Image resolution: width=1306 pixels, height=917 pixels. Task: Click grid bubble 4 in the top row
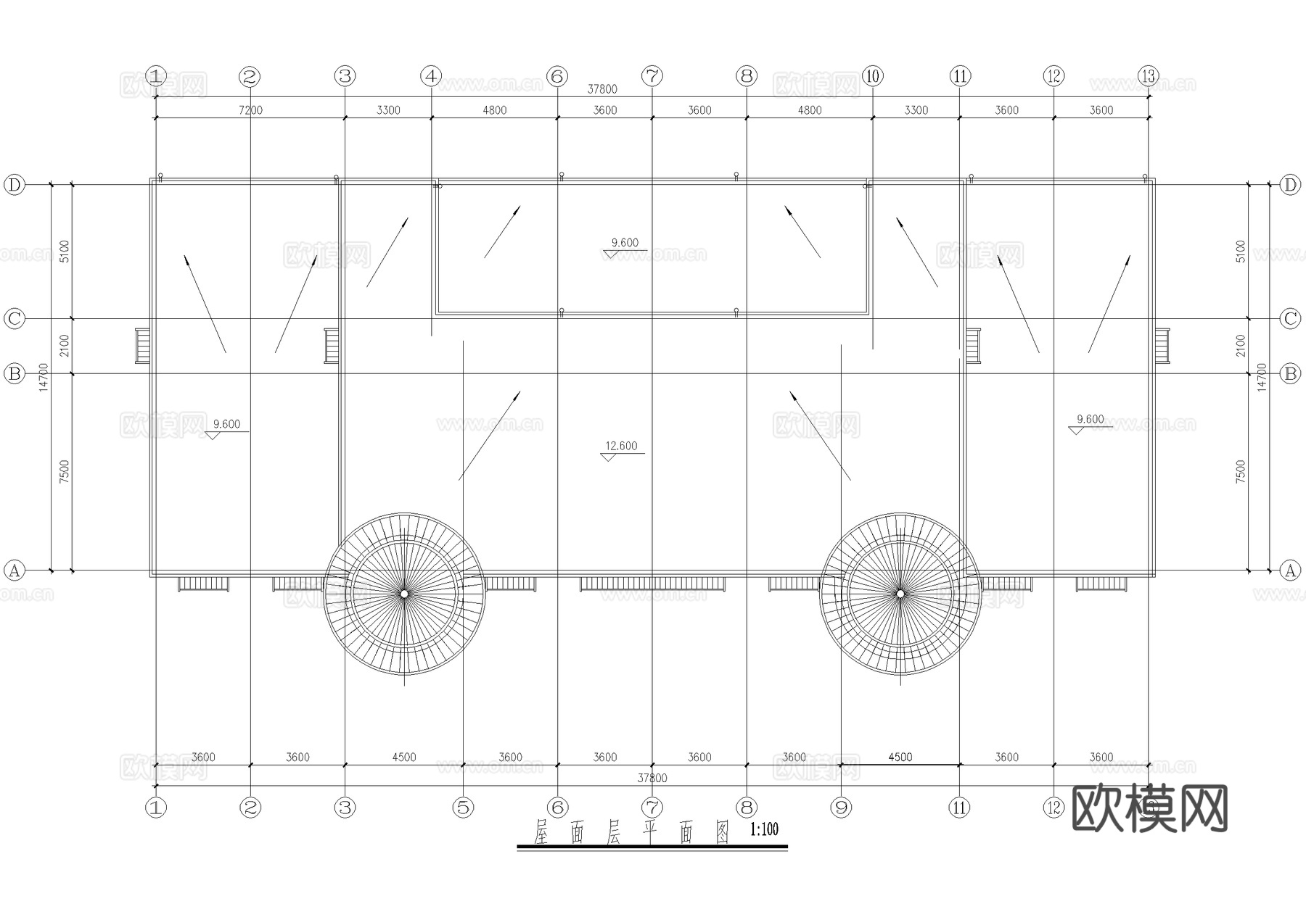coord(431,75)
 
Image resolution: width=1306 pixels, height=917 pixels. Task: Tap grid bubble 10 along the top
coord(872,75)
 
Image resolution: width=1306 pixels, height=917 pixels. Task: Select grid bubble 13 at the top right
coord(1149,75)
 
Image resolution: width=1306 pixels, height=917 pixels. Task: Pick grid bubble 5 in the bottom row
coord(463,808)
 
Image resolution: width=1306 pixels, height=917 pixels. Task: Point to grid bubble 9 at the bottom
coord(841,808)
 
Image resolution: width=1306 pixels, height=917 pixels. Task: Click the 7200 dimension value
coord(250,110)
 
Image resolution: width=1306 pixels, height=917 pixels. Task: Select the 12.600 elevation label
coord(621,447)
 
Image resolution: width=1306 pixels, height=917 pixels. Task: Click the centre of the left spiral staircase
coord(404,594)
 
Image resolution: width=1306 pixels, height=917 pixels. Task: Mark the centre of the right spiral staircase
coord(900,594)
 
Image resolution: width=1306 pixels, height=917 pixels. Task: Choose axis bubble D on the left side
coord(15,185)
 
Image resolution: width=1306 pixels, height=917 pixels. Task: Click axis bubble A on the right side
coord(1290,570)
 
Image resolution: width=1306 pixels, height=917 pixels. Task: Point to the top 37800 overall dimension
coord(602,89)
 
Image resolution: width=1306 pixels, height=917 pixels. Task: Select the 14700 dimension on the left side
coord(44,377)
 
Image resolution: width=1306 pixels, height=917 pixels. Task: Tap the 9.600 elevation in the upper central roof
coord(625,243)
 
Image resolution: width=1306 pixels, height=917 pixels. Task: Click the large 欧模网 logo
coord(1149,808)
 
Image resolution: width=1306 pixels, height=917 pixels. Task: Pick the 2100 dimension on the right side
coord(1241,346)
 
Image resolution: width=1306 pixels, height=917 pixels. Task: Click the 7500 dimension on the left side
coord(65,472)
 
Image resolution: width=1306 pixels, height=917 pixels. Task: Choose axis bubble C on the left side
coord(15,318)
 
